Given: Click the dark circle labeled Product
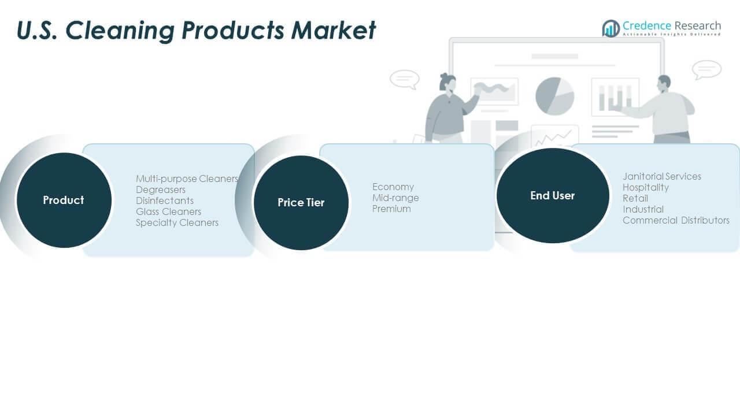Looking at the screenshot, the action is pyautogui.click(x=64, y=200).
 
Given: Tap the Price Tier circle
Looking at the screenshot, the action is pyautogui.click(x=301, y=203).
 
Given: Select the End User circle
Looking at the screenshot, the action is pyautogui.click(x=553, y=195).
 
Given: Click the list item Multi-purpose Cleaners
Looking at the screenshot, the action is pyautogui.click(x=187, y=179).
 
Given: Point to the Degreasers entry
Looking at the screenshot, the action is pyautogui.click(x=161, y=190).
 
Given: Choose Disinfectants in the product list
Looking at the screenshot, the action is pyautogui.click(x=165, y=200).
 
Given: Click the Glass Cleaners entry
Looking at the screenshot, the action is pyautogui.click(x=168, y=211).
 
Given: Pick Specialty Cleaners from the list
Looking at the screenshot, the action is pyautogui.click(x=177, y=223).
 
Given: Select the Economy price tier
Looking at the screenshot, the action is pyautogui.click(x=393, y=187).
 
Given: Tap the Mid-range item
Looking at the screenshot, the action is pyautogui.click(x=395, y=198).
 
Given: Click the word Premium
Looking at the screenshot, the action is pyautogui.click(x=391, y=209).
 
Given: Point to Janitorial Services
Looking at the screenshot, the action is pyautogui.click(x=662, y=177).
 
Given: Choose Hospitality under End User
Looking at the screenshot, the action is pyautogui.click(x=646, y=188).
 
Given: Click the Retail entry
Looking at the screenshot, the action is pyautogui.click(x=635, y=198).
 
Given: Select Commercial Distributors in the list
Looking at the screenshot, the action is pyautogui.click(x=676, y=220).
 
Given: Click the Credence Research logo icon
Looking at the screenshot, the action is pyautogui.click(x=611, y=28).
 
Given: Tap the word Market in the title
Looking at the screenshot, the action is pyautogui.click(x=333, y=30).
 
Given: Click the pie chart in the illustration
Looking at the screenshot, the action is pyautogui.click(x=554, y=96).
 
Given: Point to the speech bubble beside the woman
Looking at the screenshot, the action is pyautogui.click(x=405, y=80).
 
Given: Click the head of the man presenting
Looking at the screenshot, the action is pyautogui.click(x=664, y=84).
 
